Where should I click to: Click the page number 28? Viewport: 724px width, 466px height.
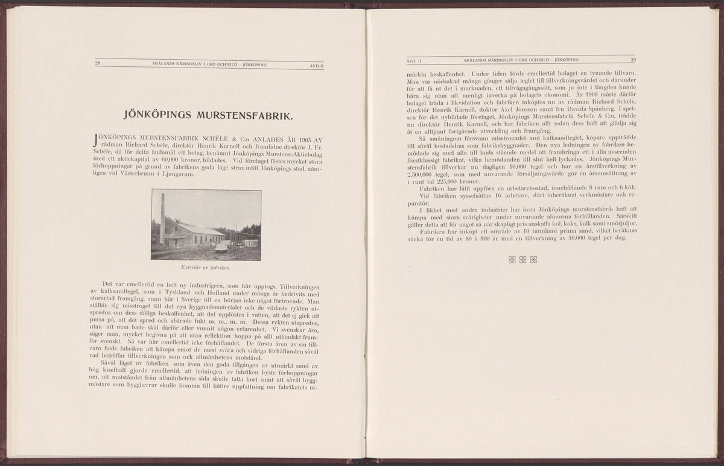(98, 63)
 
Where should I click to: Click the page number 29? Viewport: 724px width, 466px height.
(633, 60)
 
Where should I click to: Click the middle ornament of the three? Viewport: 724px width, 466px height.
(523, 260)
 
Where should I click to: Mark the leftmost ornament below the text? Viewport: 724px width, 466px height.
(512, 260)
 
